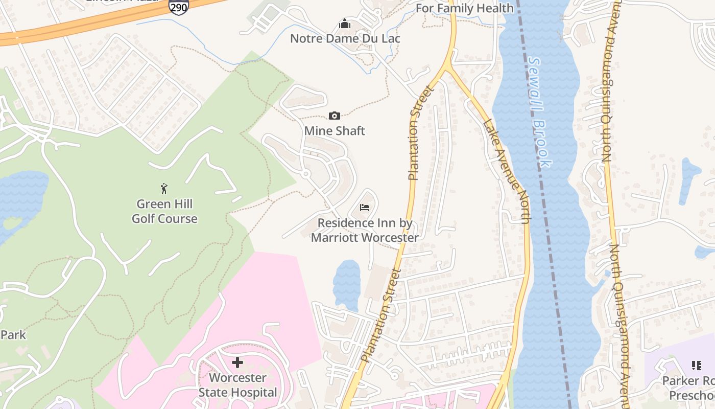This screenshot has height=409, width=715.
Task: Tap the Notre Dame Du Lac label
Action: [x=345, y=38]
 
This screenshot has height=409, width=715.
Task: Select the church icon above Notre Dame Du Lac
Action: [x=345, y=24]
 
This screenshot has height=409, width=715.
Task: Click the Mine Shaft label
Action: [x=335, y=131]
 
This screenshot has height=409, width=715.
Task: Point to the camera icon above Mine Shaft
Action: [x=335, y=116]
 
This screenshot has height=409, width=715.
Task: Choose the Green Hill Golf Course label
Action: [x=164, y=211]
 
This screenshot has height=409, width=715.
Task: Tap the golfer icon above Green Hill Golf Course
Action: [x=164, y=189]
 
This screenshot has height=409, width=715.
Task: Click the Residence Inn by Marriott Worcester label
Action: [x=365, y=230]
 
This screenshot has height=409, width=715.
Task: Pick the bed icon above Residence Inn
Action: [x=365, y=207]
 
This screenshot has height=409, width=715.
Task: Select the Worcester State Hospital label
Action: [x=237, y=385]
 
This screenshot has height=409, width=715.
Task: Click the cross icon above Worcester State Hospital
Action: [x=237, y=362]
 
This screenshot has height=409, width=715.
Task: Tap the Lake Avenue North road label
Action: [x=505, y=171]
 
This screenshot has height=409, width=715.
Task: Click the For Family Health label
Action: [x=464, y=8]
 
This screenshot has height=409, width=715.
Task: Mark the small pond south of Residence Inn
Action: [x=347, y=284]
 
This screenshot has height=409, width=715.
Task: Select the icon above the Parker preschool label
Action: [x=696, y=366]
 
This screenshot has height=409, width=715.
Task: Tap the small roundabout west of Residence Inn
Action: [x=306, y=174]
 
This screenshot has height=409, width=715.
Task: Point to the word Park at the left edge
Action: [x=13, y=335]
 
